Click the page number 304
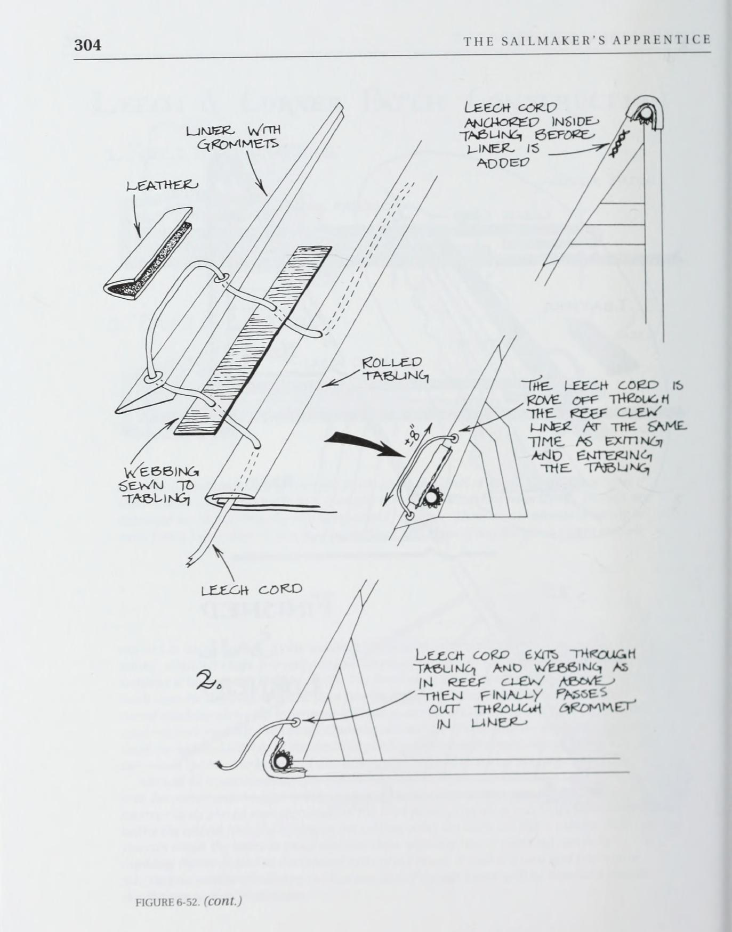pyautogui.click(x=87, y=45)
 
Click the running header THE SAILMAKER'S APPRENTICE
pyautogui.click(x=586, y=40)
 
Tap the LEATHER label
pyautogui.click(x=162, y=185)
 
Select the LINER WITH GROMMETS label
pyautogui.click(x=232, y=137)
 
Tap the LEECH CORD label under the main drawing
pyautogui.click(x=251, y=590)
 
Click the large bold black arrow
pyautogui.click(x=365, y=444)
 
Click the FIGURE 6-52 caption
pyautogui.click(x=189, y=901)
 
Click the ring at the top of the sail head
pyautogui.click(x=645, y=114)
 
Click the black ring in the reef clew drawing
pyautogui.click(x=430, y=498)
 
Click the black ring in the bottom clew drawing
pyautogui.click(x=281, y=762)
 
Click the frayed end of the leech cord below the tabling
pyautogui.click(x=192, y=560)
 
